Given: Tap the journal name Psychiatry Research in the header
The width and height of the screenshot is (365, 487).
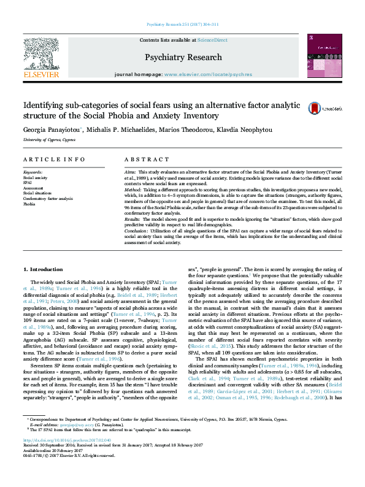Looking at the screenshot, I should coord(183,57).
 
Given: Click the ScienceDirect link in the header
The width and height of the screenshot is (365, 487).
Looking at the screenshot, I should coord(212,40).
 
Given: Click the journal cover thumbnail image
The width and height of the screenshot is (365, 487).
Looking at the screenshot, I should coord(325,56).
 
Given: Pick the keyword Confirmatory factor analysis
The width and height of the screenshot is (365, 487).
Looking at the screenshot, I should coord(48,199).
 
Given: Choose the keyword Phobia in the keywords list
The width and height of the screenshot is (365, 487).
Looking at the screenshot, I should coord(29,204).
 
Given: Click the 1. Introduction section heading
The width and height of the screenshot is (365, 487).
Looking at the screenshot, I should coord(42,270).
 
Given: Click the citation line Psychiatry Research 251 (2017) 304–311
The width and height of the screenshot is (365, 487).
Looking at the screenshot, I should coord(182,24).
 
